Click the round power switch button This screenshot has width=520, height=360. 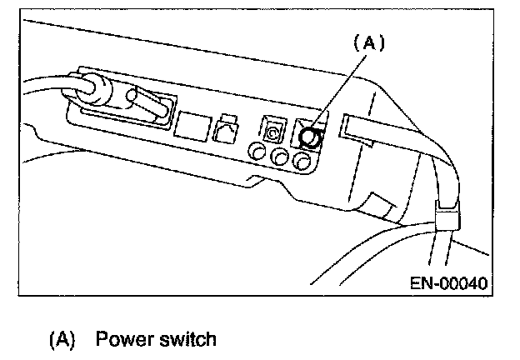310,137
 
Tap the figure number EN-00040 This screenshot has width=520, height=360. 447,283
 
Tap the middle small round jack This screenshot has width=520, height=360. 282,156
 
